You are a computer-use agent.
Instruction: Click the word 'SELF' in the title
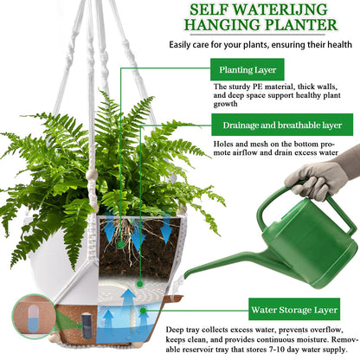click(214, 11)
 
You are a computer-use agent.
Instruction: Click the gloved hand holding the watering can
click(320, 178)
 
